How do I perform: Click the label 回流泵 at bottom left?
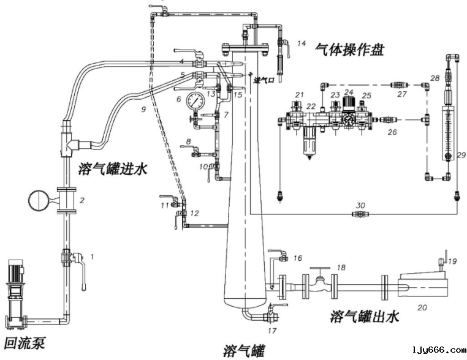25,343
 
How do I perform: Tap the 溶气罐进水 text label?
113,169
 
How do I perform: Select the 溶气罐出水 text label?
365,316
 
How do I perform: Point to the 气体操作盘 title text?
349,49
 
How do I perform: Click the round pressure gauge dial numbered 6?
197,100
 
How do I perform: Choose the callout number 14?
301,43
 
